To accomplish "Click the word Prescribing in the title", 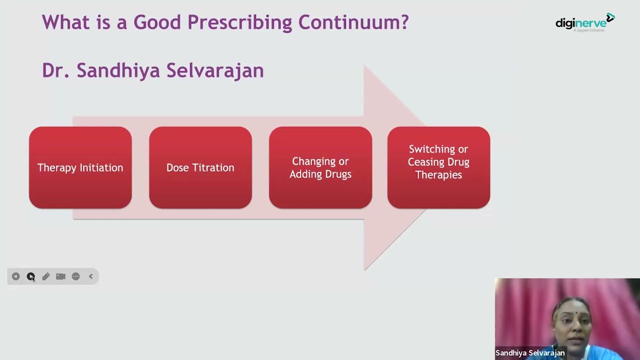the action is click(239, 22).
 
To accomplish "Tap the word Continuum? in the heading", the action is click(353, 22).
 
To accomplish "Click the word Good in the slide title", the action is click(157, 22).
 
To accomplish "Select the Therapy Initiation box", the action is click(80, 167).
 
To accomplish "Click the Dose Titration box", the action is click(200, 167).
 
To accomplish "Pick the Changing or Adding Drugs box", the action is click(320, 167).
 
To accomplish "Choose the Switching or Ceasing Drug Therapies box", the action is click(438, 167).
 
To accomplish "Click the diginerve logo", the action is click(585, 22).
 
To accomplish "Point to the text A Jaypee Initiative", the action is click(588, 30).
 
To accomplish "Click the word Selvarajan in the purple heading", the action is click(215, 70).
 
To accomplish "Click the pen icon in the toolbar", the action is click(45, 276).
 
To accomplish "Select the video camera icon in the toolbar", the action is click(60, 276).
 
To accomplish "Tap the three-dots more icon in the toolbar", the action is click(75, 276).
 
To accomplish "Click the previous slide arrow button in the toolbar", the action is click(15, 276).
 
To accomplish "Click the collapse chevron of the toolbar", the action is click(91, 276).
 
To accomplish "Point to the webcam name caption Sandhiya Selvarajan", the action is click(530, 353).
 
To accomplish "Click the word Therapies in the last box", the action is click(438, 175).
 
